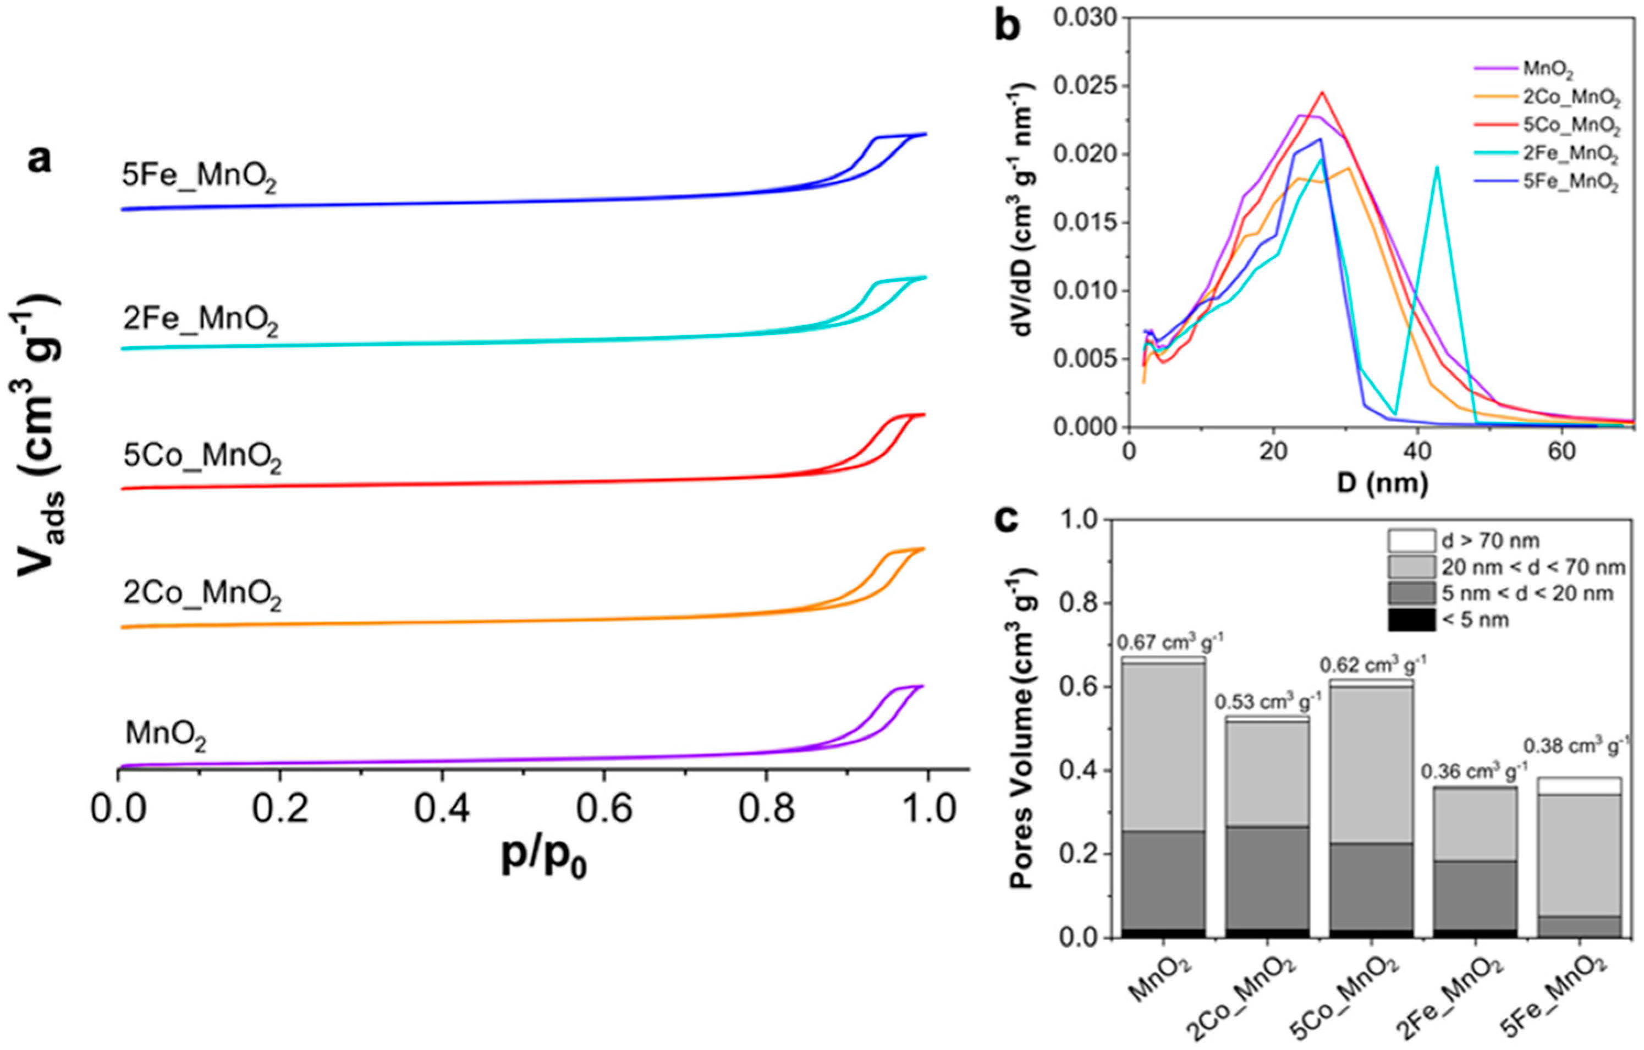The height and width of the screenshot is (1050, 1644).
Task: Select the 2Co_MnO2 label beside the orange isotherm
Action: click(202, 595)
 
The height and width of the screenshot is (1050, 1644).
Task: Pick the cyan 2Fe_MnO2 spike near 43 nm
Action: click(1437, 167)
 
